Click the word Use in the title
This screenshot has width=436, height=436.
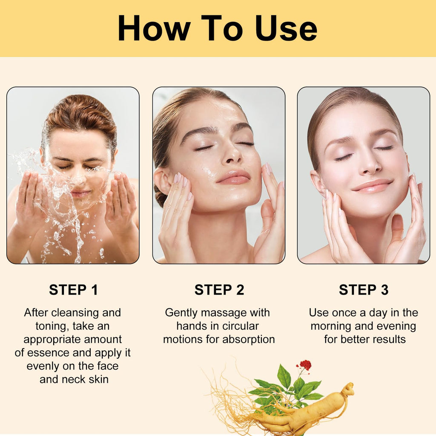click(x=286, y=28)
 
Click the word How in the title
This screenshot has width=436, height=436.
click(x=155, y=28)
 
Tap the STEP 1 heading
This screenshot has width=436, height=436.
click(x=73, y=290)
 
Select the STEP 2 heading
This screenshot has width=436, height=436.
click(x=219, y=290)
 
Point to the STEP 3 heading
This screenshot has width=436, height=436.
click(x=364, y=290)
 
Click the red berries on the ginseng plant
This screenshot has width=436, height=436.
click(x=305, y=365)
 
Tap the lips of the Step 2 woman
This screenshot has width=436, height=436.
click(x=234, y=177)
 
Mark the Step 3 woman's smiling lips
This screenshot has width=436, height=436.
click(x=372, y=186)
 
